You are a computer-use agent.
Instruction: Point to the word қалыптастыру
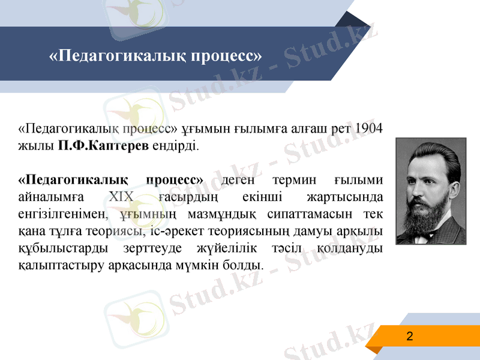53,265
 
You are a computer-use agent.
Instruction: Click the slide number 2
410,336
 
